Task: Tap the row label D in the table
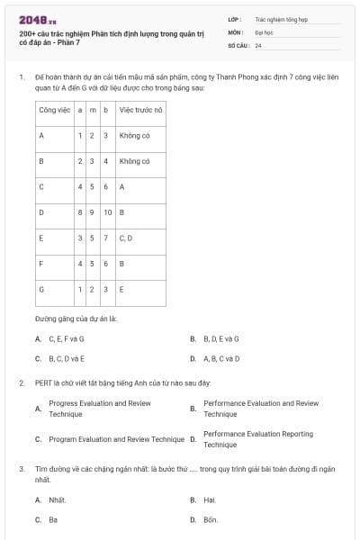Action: pyautogui.click(x=41, y=212)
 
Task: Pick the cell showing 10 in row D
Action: pyautogui.click(x=106, y=212)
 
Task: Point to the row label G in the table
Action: pyautogui.click(x=41, y=290)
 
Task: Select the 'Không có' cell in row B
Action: pyautogui.click(x=134, y=161)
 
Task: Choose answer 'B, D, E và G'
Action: pyautogui.click(x=220, y=339)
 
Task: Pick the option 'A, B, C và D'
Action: pyautogui.click(x=221, y=358)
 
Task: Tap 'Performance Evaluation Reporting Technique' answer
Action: pyautogui.click(x=258, y=439)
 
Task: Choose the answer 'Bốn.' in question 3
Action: pyautogui.click(x=211, y=519)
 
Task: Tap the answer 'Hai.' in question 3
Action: pyautogui.click(x=210, y=499)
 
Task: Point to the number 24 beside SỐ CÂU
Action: pyautogui.click(x=258, y=44)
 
